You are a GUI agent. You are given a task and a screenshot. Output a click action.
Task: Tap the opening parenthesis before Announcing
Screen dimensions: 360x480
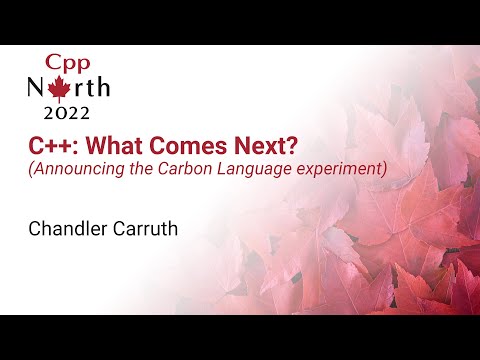(30, 168)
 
